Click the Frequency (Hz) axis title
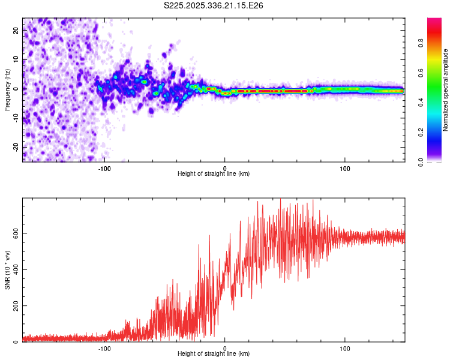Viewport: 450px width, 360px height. click(x=7, y=89)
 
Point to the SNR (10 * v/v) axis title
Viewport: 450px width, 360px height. click(x=7, y=269)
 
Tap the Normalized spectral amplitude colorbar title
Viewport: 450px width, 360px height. click(x=445, y=89)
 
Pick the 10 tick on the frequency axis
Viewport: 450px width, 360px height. click(x=16, y=59)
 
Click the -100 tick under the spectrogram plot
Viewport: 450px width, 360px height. click(x=104, y=168)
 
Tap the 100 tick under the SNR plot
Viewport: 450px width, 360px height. click(x=345, y=348)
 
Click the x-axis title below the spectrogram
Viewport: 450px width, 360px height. click(x=214, y=174)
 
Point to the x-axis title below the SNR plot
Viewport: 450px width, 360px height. click(x=214, y=354)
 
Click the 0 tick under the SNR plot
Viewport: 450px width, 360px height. click(x=225, y=348)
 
